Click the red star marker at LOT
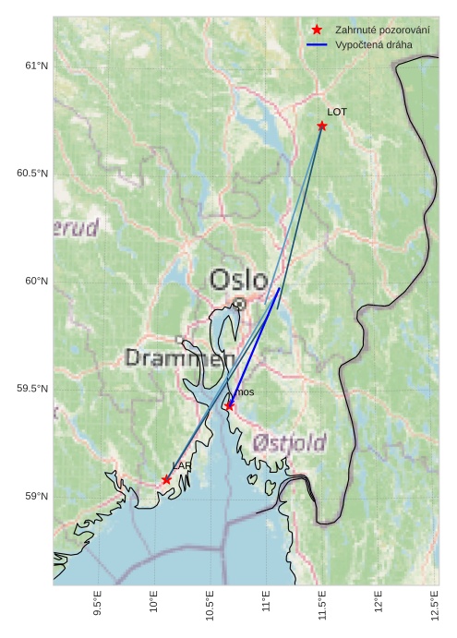tap(322, 126)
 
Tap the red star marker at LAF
tap(167, 480)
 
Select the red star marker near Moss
tap(229, 405)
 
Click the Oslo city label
tap(238, 279)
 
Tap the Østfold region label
tap(289, 443)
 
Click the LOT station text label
tap(337, 112)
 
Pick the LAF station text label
tap(181, 466)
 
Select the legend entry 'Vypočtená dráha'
tap(374, 44)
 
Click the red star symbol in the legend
tap(317, 30)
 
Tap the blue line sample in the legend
tap(317, 44)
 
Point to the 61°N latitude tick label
tap(35, 66)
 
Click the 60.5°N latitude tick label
tap(32, 174)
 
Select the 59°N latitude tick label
tap(35, 497)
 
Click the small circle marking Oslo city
tap(239, 303)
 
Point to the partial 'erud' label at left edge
tap(76, 229)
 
